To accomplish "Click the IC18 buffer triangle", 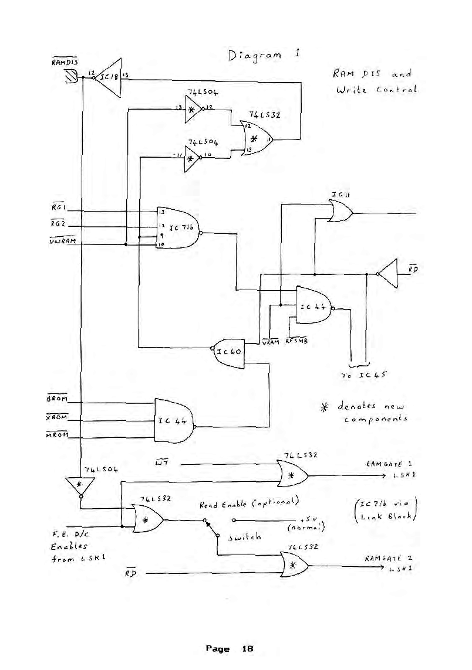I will click(109, 77).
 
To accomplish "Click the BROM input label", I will click(56, 399).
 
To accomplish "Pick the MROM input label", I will click(56, 434).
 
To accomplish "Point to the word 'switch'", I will click(244, 536).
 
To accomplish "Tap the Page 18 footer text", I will click(229, 649).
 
